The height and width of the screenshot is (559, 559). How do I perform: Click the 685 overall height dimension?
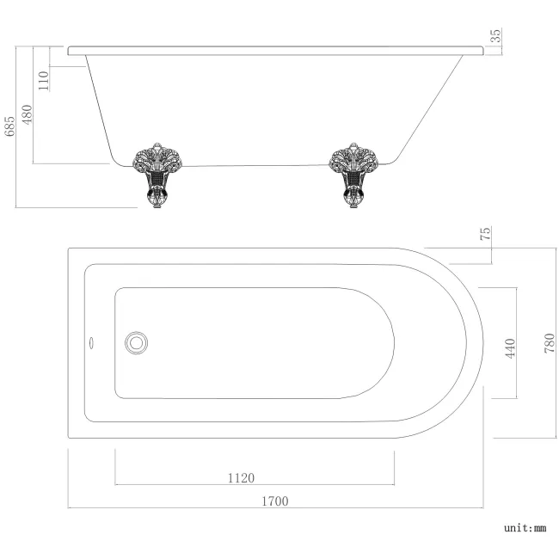[x=10, y=126]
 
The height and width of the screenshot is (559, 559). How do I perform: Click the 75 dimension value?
[x=485, y=234]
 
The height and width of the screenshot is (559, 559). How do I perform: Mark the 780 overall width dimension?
[x=550, y=344]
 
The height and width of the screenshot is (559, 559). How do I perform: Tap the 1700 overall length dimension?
[x=275, y=501]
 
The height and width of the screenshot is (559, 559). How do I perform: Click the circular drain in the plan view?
[x=135, y=342]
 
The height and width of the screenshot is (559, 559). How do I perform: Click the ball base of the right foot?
[x=353, y=203]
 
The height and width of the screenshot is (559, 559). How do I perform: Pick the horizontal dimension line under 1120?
[x=172, y=485]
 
